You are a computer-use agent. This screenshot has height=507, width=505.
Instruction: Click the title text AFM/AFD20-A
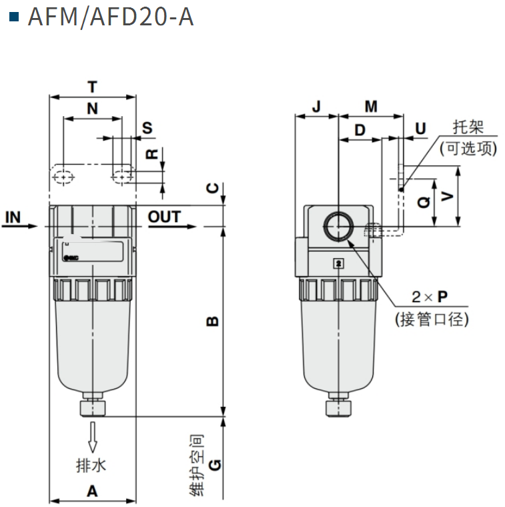[x=110, y=17]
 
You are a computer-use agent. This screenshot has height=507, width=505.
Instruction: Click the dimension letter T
[x=92, y=87]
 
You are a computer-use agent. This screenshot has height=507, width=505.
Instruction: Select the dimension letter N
[x=92, y=109]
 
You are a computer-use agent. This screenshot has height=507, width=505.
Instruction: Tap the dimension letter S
[x=147, y=128]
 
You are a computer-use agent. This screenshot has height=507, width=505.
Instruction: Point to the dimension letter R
[x=152, y=154]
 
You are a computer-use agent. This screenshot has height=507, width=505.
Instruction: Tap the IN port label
[x=13, y=217]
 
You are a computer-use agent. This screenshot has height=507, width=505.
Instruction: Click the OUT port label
[x=164, y=217]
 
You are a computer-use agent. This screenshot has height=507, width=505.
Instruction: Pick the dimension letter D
[x=360, y=129]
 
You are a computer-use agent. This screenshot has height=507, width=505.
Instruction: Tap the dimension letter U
[x=420, y=128]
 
